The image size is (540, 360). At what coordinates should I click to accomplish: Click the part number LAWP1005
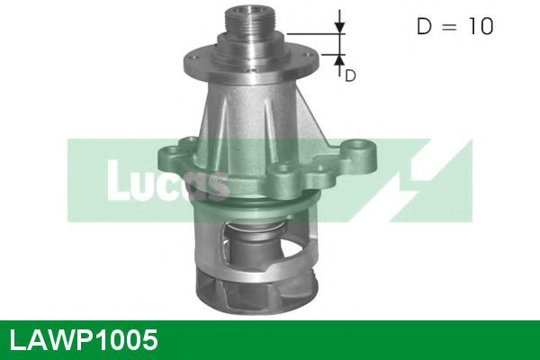coord(84,340)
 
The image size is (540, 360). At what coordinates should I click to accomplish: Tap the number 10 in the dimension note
coord(481,26)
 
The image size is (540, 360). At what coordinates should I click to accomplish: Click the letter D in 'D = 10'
coord(424,26)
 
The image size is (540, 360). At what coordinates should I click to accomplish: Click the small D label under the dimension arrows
coord(350,76)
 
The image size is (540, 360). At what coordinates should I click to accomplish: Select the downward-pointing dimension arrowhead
coord(340,28)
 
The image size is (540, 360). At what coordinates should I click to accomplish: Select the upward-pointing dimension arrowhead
coord(340,60)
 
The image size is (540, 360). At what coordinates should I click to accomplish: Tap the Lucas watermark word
coord(167,181)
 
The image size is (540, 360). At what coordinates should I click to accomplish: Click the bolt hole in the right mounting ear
coord(360,146)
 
